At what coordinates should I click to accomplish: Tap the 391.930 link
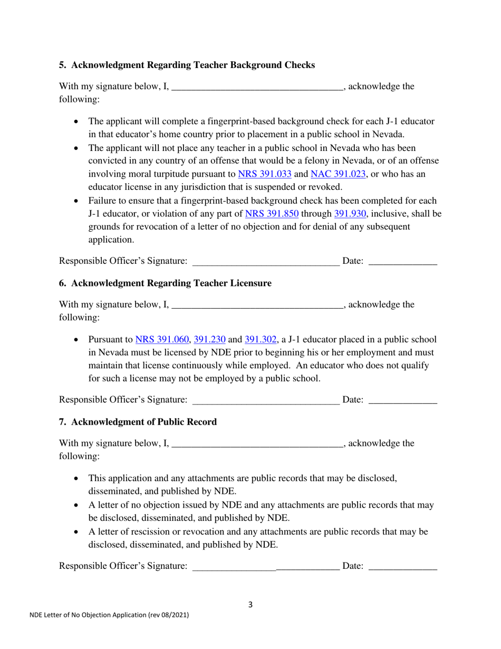tap(349, 214)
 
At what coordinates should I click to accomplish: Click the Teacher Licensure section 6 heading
tap(165, 283)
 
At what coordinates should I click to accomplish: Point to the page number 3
tap(250, 605)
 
